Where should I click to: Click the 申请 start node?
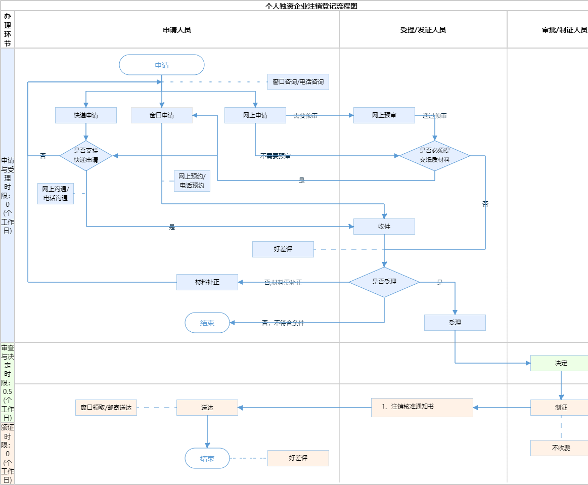coord(162,65)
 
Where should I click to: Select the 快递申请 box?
coord(86,115)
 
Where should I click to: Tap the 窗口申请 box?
coord(162,115)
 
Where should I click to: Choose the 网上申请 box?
coord(255,115)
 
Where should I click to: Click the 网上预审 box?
coord(384,115)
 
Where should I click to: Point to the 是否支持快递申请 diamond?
coord(86,155)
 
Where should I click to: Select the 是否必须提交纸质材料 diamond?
coord(435,155)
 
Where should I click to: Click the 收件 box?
coord(384,227)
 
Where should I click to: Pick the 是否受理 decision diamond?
coord(384,282)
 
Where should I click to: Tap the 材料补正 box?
coord(207,282)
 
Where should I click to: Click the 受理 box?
coord(455,323)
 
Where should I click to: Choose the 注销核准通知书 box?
coord(422,407)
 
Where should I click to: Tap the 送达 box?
coord(207,408)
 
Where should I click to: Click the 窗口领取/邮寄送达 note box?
coord(106,408)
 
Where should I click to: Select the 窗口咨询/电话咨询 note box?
coord(298,82)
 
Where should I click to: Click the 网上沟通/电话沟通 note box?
coord(56,194)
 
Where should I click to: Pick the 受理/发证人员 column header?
coord(423,30)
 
